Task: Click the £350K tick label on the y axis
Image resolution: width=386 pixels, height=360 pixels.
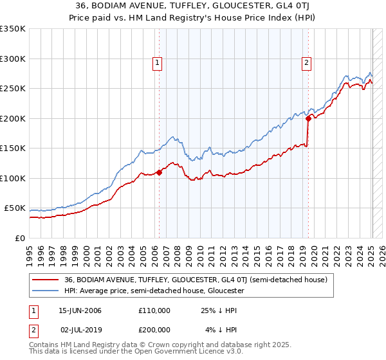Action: [x=13, y=29]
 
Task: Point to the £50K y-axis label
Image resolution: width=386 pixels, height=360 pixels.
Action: [x=15, y=208]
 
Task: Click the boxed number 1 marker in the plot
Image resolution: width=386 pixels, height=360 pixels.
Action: [x=158, y=62]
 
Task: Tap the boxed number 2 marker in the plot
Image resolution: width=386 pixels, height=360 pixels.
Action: [x=306, y=62]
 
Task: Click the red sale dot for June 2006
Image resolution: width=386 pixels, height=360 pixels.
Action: [x=160, y=172]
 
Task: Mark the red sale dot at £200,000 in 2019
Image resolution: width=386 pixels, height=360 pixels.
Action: [x=308, y=118]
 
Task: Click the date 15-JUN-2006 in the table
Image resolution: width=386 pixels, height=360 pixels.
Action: [x=80, y=310]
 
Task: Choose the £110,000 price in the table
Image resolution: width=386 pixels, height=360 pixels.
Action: [x=154, y=310]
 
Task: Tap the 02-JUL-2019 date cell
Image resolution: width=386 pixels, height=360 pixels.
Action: [x=80, y=329]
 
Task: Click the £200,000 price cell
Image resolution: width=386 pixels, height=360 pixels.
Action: [x=154, y=329]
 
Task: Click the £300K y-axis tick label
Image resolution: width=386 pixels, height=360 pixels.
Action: [x=13, y=59]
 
